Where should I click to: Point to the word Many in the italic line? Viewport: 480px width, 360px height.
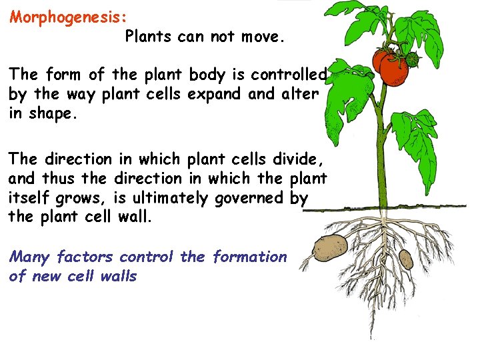[x=29, y=257]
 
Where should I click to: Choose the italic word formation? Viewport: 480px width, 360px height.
[x=249, y=257]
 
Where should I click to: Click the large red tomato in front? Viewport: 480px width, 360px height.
[x=393, y=70]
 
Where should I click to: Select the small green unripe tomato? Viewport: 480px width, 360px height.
[x=411, y=59]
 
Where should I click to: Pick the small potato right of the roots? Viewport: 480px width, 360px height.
[x=405, y=258]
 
